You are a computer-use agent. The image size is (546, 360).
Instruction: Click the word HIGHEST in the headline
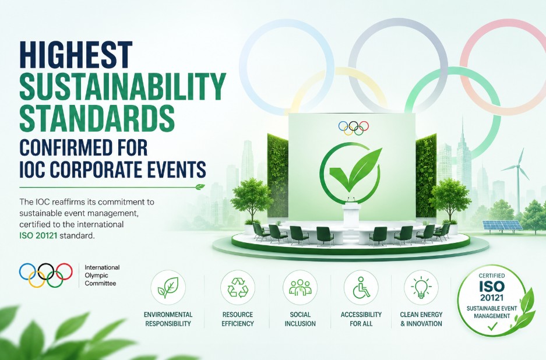pos(76,55)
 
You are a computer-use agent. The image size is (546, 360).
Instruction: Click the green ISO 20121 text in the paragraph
pos(38,236)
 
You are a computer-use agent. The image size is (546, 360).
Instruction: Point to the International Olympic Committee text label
pos(102,276)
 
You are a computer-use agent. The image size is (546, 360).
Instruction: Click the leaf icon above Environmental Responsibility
pos(168,288)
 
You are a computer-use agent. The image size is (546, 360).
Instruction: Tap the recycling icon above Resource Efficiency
pos(238,288)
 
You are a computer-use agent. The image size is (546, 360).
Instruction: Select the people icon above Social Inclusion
pos(300,288)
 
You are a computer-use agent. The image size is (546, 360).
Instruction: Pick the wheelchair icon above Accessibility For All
pos(361,288)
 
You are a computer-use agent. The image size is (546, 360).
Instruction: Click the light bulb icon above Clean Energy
pos(421,288)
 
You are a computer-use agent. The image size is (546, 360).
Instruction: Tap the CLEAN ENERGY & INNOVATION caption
pos(421,319)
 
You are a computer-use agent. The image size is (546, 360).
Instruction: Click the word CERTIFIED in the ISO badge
pos(492,276)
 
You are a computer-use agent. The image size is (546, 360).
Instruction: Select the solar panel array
pos(502,225)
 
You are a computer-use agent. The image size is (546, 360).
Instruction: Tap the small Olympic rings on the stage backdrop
pos(354,128)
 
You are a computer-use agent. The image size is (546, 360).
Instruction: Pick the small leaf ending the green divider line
pos(200,187)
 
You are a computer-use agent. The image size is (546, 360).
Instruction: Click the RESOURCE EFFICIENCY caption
pos(238,319)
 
